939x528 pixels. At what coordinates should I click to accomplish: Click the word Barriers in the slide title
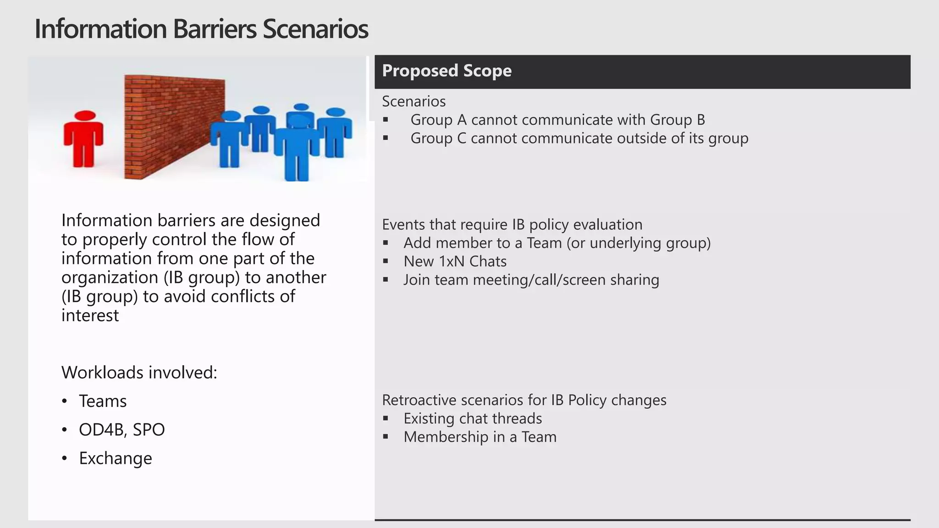click(x=214, y=29)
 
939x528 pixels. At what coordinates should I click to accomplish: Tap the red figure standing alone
click(x=83, y=138)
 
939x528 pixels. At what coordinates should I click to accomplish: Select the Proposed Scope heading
click(x=447, y=71)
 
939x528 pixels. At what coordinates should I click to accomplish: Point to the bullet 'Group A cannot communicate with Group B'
click(x=557, y=120)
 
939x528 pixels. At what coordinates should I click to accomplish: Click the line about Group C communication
click(x=579, y=138)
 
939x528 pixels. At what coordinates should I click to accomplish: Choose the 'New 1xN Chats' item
click(x=455, y=261)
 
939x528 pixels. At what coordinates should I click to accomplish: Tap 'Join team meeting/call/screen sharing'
click(x=531, y=280)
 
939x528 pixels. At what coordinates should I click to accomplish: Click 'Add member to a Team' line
click(x=557, y=243)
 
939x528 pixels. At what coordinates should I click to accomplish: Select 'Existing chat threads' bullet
click(x=472, y=418)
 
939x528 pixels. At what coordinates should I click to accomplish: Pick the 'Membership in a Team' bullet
click(x=480, y=437)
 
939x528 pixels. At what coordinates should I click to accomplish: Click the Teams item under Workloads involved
click(x=103, y=401)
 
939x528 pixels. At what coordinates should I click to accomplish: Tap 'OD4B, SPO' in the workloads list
click(x=122, y=429)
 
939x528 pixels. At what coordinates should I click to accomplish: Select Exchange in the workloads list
click(x=115, y=458)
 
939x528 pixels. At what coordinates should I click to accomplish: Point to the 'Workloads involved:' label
click(x=139, y=373)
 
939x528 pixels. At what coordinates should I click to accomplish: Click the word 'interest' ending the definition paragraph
click(x=90, y=315)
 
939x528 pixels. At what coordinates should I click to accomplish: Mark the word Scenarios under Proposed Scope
click(x=414, y=101)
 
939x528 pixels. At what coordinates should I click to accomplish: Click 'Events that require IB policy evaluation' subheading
click(x=512, y=225)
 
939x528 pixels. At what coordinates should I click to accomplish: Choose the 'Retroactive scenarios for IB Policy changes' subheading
click(x=524, y=400)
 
